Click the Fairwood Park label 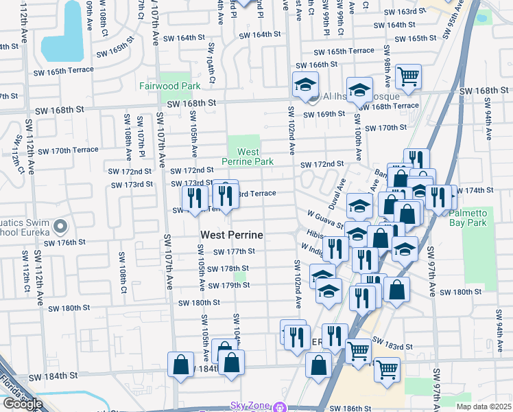coord(170,86)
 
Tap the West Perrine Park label coord(248,157)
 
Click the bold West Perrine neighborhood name coord(232,235)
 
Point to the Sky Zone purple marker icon coord(278,407)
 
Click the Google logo coord(22,404)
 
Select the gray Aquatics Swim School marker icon coord(61,226)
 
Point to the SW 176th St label coord(64,242)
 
